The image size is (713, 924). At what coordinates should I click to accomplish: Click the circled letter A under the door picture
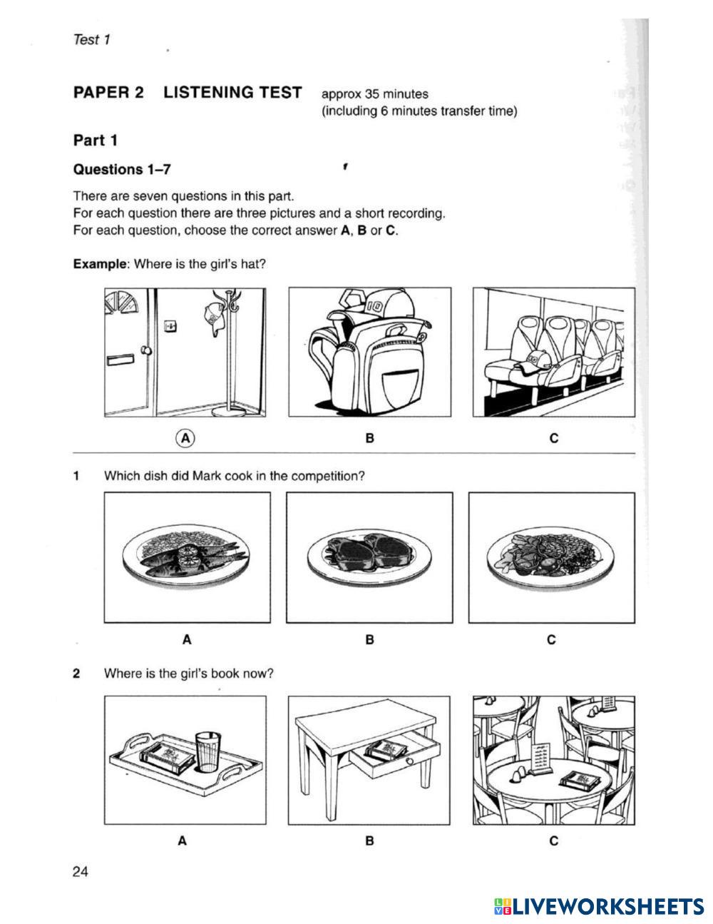pos(185,437)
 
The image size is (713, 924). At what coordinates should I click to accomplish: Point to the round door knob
pos(146,351)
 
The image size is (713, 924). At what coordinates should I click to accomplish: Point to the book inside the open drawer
pos(386,750)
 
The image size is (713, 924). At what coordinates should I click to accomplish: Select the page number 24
pos(81,871)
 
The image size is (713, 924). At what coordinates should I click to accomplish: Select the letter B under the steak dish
pos(369,639)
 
